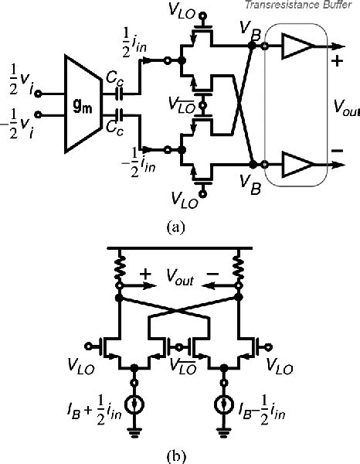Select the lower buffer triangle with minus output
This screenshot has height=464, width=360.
click(296, 165)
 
